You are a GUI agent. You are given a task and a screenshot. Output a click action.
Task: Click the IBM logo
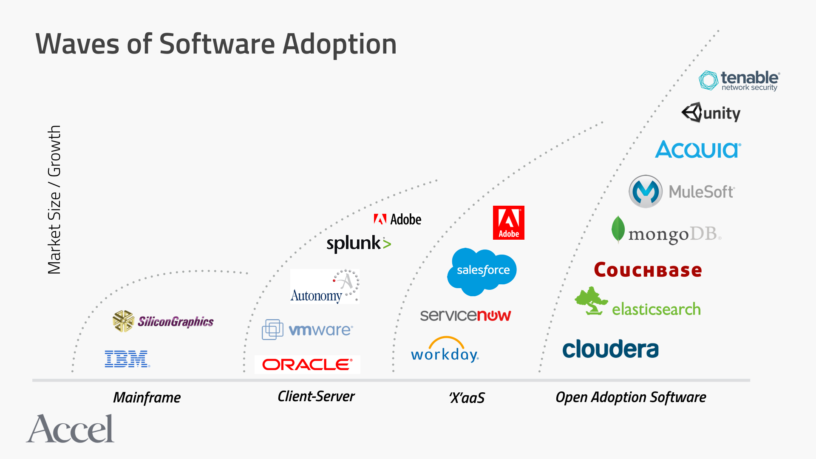click(127, 359)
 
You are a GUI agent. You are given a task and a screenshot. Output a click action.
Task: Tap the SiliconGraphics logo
click(163, 321)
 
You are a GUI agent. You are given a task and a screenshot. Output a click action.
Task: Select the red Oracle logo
click(307, 365)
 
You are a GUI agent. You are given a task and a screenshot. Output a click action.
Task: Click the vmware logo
click(307, 330)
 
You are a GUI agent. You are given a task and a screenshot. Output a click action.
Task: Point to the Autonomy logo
click(325, 286)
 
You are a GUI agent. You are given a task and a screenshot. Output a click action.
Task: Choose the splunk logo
click(358, 244)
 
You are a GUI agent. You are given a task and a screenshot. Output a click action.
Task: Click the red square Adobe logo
click(508, 223)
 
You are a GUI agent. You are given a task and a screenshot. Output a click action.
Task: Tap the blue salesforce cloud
click(482, 271)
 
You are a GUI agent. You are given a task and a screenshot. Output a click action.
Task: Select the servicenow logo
click(465, 315)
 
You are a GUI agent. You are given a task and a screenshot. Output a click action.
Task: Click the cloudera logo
click(610, 349)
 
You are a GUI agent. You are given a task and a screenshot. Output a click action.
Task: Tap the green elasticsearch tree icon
click(591, 301)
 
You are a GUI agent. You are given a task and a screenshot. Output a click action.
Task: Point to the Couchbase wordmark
click(648, 270)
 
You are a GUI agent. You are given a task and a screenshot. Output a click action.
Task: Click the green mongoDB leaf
click(618, 229)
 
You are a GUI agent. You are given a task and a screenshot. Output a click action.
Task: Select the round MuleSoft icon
click(646, 191)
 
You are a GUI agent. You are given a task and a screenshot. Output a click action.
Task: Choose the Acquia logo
click(698, 150)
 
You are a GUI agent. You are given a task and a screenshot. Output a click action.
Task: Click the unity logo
click(711, 113)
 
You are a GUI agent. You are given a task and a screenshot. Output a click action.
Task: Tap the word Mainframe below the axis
click(147, 398)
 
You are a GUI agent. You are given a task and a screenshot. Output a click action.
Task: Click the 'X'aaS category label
click(467, 398)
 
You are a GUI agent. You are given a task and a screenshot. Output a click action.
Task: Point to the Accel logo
click(71, 429)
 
